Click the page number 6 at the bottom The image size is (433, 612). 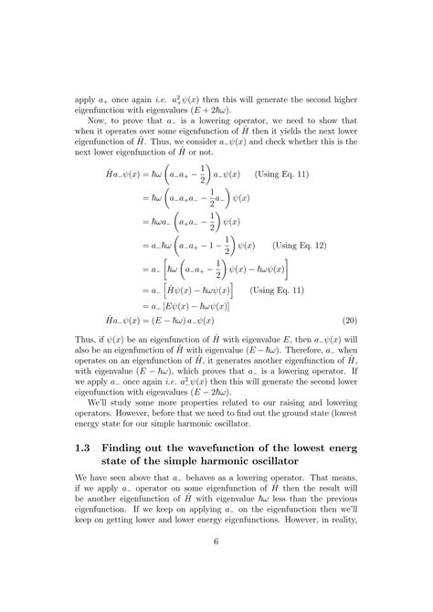[x=216, y=567]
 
